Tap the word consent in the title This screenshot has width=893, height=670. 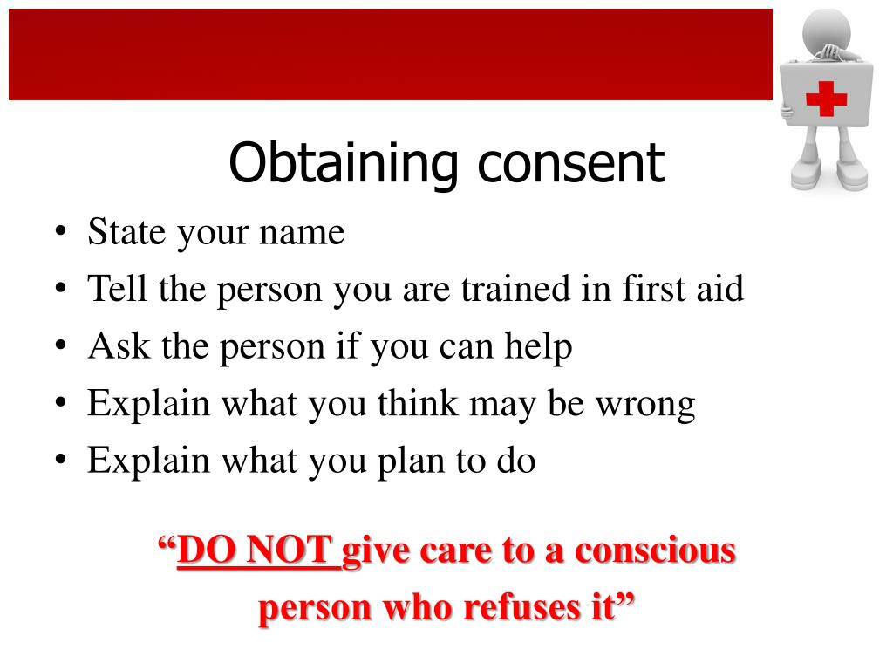tap(570, 164)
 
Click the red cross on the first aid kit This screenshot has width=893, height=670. tap(826, 98)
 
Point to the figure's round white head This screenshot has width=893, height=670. tap(826, 31)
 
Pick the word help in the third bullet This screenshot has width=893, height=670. tap(540, 347)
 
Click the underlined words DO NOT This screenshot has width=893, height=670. tap(258, 551)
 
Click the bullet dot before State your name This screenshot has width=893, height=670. tap(59, 234)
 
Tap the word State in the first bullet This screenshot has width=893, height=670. tap(126, 233)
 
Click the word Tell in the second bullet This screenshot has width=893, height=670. tap(119, 290)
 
